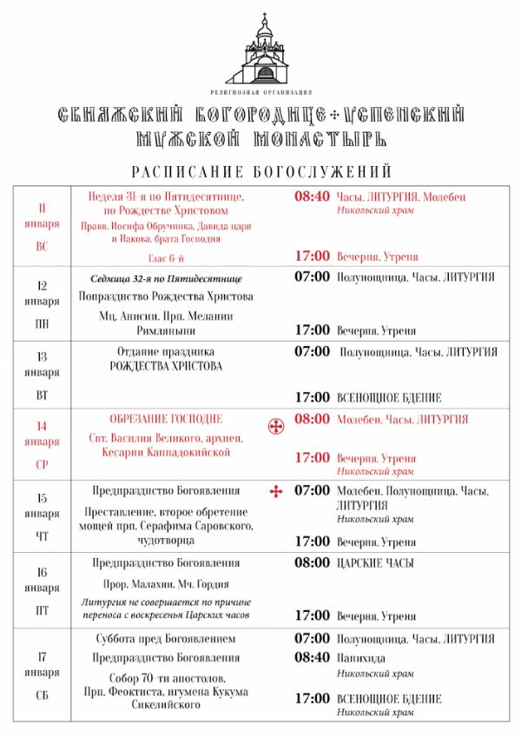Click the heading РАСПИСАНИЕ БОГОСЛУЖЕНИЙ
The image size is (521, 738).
(x=261, y=171)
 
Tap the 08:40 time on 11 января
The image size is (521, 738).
(x=312, y=197)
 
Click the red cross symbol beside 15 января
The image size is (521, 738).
(x=277, y=493)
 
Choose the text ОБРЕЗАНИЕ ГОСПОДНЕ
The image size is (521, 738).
(x=166, y=419)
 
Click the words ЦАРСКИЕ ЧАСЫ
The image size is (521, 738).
(x=375, y=563)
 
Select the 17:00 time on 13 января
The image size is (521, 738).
(x=312, y=397)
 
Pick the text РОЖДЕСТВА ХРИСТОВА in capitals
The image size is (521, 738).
(x=166, y=366)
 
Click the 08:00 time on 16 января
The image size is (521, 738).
(x=312, y=563)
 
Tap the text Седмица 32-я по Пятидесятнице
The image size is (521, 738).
(x=166, y=279)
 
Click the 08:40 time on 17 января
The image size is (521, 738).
(x=312, y=658)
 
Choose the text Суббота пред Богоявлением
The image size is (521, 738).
(x=166, y=639)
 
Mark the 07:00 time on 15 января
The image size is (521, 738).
(x=312, y=491)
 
